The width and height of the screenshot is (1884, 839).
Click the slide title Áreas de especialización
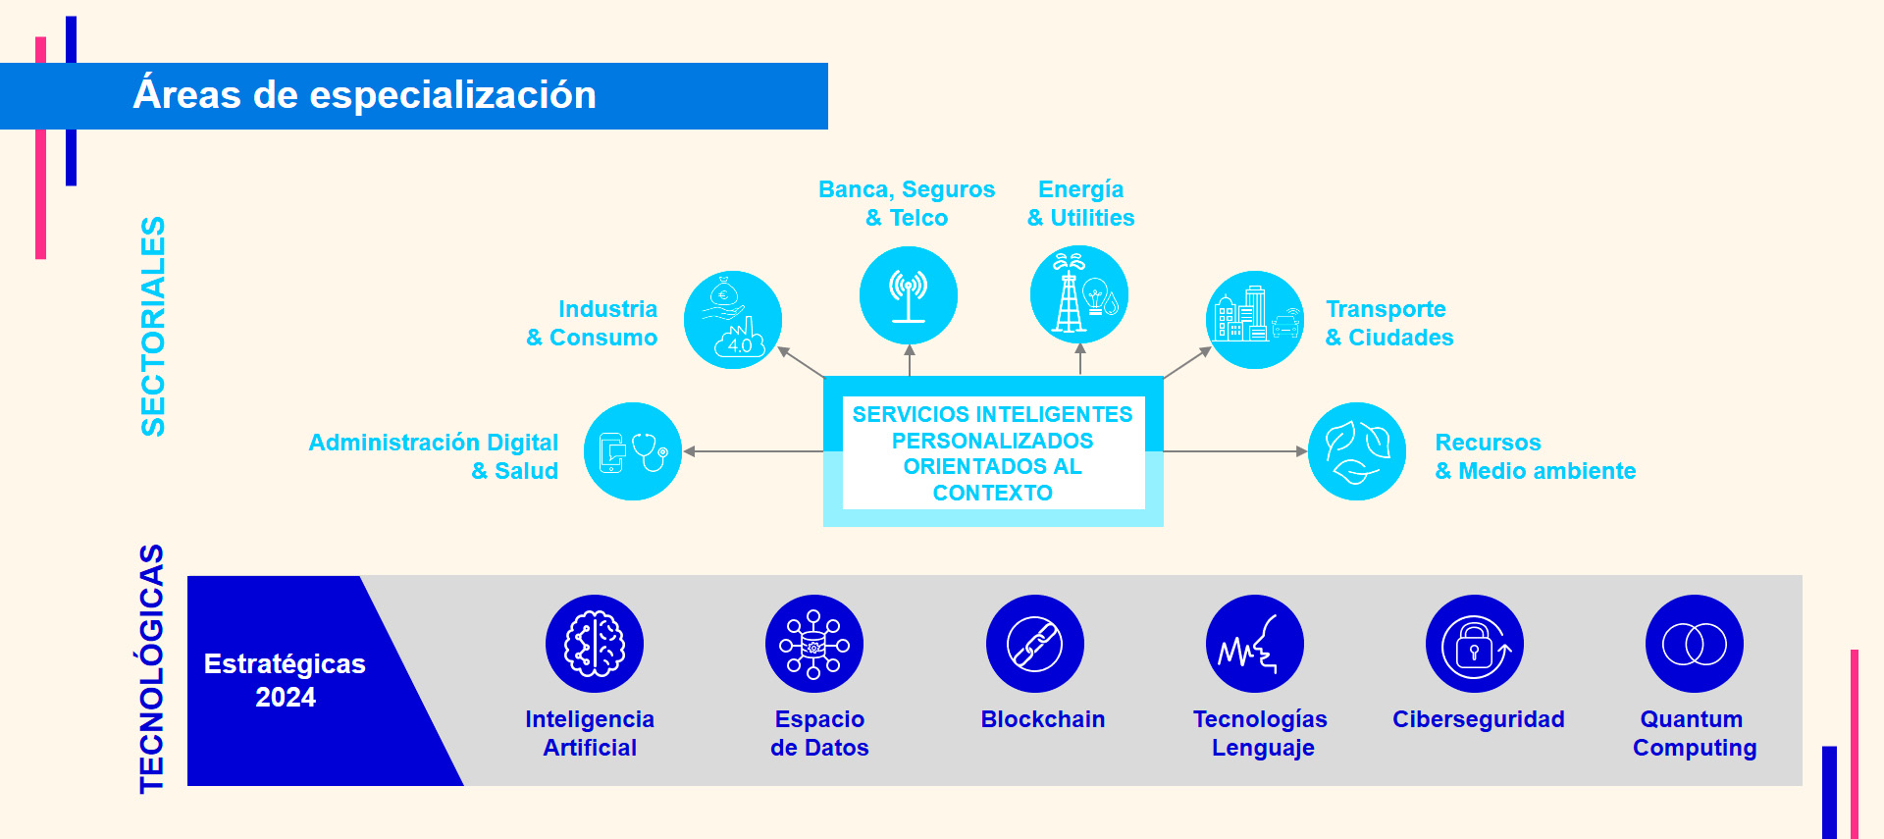364,95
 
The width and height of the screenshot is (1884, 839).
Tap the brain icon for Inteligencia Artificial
595,644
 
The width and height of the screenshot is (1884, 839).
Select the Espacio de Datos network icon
814,644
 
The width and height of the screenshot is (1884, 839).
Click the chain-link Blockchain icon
1035,644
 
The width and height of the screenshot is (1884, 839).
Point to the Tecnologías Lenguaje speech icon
1255,644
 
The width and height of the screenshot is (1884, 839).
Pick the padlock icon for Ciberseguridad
1475,644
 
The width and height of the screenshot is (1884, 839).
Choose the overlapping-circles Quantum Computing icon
1695,644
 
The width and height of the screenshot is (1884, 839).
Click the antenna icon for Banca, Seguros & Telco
909,295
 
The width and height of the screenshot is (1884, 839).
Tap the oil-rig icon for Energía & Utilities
1079,294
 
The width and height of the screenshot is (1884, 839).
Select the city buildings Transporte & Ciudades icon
1255,320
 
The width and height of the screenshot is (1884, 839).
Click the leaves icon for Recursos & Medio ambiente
1357,451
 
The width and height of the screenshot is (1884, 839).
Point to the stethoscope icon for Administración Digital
633,451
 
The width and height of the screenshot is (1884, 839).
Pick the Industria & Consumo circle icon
733,320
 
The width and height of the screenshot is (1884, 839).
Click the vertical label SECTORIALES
153,326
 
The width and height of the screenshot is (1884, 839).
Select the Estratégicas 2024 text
285,680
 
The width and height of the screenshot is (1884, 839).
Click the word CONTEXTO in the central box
992,493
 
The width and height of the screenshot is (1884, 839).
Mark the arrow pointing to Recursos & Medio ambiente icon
1236,451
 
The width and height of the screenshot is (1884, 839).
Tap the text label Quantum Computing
1694,733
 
